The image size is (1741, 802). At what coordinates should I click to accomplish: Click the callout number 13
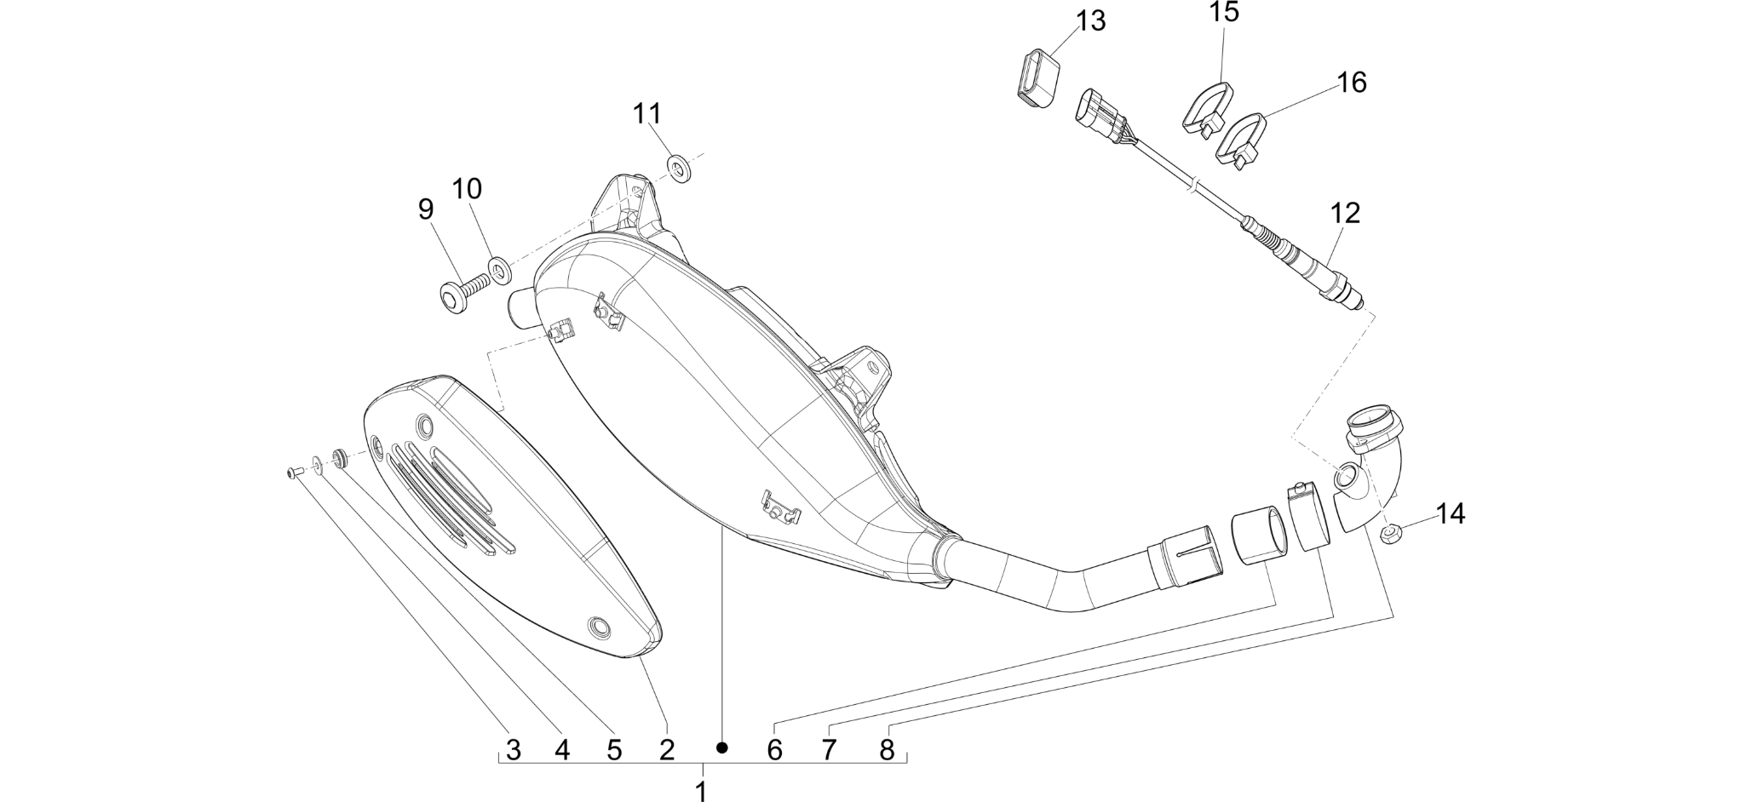point(1090,20)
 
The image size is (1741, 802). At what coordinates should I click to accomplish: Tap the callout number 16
point(1352,83)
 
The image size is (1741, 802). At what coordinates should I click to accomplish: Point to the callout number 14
point(1451,513)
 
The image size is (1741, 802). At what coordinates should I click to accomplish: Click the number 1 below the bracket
point(701,791)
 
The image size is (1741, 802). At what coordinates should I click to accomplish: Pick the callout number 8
point(888,750)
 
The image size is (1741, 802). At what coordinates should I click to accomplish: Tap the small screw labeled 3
point(294,472)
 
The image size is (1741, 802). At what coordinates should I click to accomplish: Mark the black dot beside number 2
point(722,748)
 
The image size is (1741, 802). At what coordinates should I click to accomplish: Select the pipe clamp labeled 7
point(1310,513)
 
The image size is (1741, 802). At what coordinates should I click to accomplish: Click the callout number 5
point(614,750)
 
